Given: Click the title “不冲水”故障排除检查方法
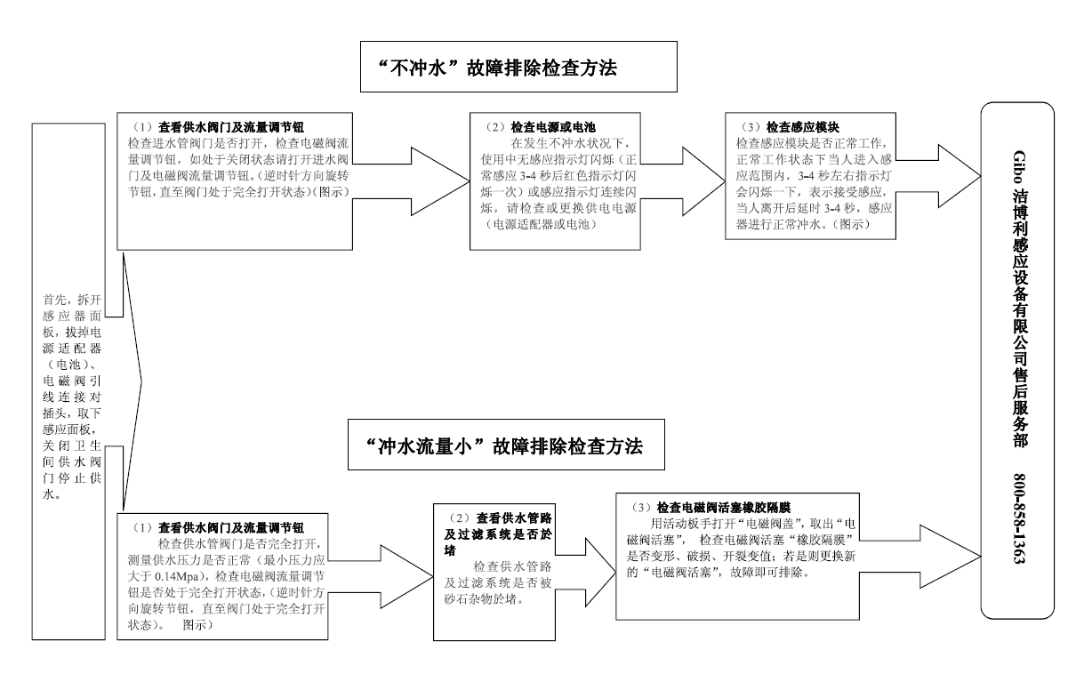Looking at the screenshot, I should (511, 67).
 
